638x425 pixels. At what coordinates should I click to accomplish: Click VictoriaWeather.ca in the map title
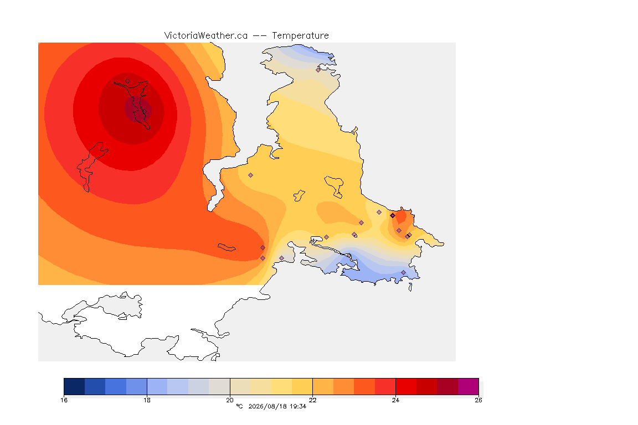[206, 36]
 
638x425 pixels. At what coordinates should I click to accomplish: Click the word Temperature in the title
[300, 36]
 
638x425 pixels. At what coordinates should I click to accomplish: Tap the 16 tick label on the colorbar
[64, 400]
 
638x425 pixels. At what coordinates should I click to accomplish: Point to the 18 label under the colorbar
[147, 400]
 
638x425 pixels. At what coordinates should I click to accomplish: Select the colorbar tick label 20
[230, 400]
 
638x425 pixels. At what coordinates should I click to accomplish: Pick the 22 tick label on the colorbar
[312, 400]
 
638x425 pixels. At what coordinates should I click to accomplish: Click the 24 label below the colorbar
[395, 400]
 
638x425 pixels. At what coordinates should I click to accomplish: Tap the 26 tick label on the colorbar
[478, 400]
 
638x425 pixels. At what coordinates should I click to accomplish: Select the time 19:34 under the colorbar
[298, 406]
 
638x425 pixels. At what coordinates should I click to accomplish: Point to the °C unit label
[239, 406]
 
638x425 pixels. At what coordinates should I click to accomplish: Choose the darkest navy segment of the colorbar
[74, 386]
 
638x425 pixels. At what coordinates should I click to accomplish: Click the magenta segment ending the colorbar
[468, 386]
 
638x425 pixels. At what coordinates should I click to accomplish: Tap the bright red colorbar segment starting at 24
[406, 386]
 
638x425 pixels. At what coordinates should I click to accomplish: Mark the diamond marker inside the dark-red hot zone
[128, 81]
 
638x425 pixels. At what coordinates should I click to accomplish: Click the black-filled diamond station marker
[393, 216]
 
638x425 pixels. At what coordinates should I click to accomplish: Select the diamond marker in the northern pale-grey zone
[318, 70]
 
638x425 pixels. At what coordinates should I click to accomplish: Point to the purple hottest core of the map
[138, 110]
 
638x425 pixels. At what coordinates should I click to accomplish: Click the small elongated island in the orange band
[227, 247]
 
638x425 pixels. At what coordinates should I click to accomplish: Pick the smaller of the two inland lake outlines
[299, 196]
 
